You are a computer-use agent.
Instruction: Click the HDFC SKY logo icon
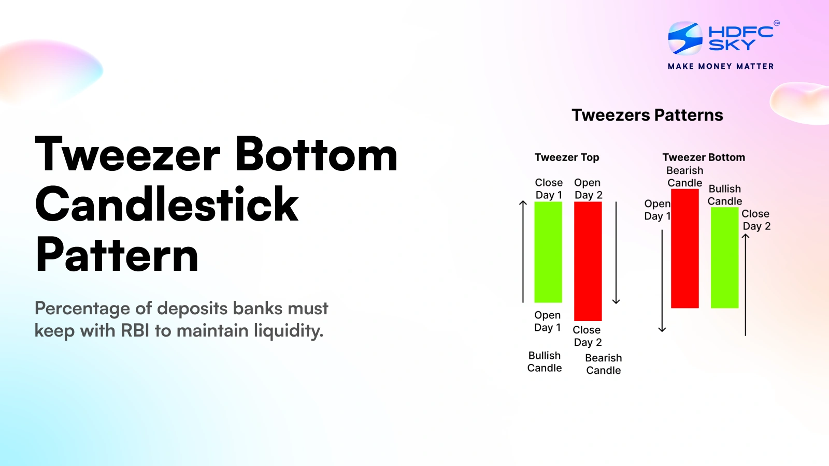coord(685,38)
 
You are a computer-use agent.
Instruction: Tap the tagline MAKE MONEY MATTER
coord(721,66)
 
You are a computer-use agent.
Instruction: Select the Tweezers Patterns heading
coord(647,115)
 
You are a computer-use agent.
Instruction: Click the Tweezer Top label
coord(567,157)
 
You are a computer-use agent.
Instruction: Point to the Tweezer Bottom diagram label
coord(704,157)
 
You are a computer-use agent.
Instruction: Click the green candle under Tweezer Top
coord(548,252)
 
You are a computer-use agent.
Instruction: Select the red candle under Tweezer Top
coord(588,261)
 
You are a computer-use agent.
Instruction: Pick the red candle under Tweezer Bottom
coord(685,249)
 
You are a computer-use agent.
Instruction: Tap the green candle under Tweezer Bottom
coord(724,257)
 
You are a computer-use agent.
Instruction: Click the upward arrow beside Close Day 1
coord(523,252)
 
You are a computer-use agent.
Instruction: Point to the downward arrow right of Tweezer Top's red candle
coord(616,253)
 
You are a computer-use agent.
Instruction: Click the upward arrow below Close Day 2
coord(746,285)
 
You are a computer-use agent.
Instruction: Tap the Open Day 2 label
coord(588,189)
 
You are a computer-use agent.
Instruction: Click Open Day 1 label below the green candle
coord(548,322)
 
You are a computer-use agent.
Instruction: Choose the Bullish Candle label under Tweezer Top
coord(545,362)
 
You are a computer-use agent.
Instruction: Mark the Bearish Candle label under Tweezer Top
coord(604,364)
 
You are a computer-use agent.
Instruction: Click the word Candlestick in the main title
coord(167,205)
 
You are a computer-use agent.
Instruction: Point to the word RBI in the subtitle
coord(135,330)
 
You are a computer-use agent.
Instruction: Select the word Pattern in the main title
coord(117,255)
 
